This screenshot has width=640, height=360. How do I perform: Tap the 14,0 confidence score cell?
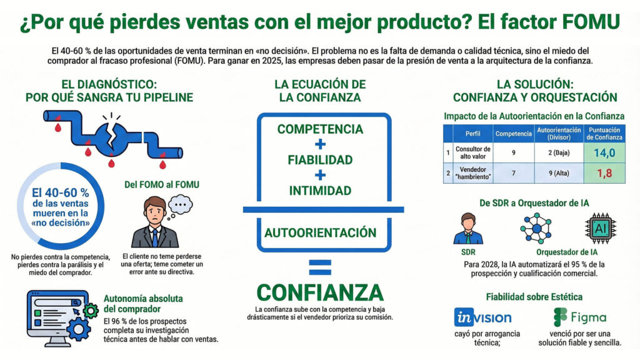[x=604, y=152]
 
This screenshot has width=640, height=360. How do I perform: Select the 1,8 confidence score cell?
[x=604, y=173]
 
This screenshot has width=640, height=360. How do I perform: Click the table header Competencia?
[x=513, y=134]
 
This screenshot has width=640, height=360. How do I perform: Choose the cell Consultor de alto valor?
[x=473, y=152]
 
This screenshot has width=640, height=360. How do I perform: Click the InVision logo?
[x=482, y=317]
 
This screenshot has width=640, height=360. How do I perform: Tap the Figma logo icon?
[x=560, y=317]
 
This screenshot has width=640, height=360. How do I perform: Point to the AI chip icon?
[x=601, y=229]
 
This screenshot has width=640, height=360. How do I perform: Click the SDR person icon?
[x=468, y=229]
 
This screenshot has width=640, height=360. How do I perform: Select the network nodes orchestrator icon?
[x=536, y=227]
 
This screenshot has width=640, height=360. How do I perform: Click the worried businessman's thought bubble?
[x=181, y=204]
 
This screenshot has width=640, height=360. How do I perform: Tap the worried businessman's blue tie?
[x=154, y=236]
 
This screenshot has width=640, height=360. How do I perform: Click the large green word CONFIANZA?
[x=319, y=292]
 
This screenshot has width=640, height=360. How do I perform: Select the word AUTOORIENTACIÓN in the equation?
[x=320, y=232]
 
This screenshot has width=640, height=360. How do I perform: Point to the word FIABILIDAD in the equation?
[x=320, y=159]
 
